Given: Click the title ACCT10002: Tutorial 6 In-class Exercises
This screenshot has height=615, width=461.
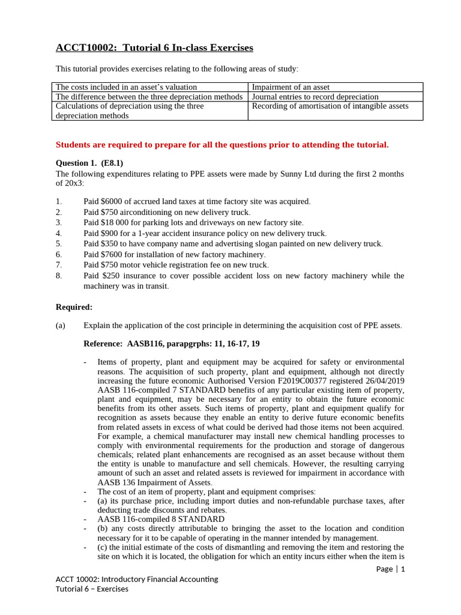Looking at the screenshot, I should click(154, 47).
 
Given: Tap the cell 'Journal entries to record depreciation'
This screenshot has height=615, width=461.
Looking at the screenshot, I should click(315, 97).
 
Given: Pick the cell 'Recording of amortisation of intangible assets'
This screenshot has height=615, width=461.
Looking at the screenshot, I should click(330, 106).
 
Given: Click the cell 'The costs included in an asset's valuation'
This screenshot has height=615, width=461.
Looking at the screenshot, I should click(126, 87).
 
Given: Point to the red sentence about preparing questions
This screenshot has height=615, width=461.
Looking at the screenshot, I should click(222, 144).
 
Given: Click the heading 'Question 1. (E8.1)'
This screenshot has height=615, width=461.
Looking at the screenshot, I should click(89, 163).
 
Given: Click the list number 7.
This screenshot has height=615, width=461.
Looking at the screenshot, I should click(58, 265).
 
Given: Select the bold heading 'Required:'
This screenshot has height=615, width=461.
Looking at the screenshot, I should click(74, 307).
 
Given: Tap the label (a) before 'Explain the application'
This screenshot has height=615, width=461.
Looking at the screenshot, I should click(61, 326).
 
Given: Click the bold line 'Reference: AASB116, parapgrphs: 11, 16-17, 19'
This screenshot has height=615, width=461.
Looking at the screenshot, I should click(172, 344).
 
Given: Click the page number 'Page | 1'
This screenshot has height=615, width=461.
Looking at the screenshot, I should click(390, 569).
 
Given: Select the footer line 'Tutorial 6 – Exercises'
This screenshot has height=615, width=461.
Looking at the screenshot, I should click(92, 589).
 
